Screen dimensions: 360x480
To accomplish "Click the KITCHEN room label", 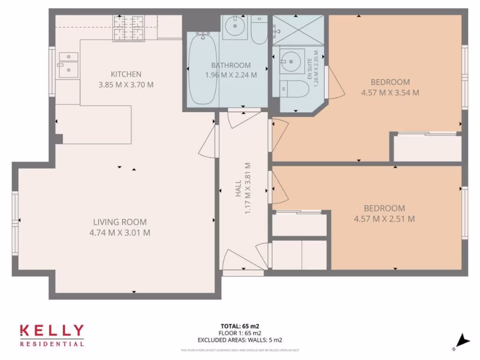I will (126, 74).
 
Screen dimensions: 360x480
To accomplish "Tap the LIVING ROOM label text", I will (120, 222).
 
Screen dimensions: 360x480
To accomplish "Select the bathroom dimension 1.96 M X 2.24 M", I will (231, 75).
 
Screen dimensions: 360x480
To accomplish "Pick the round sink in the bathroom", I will (232, 28).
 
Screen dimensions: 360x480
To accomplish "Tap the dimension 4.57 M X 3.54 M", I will (390, 93).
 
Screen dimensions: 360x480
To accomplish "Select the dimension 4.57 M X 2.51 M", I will (384, 219).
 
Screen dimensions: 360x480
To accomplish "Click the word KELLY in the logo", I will (52, 331).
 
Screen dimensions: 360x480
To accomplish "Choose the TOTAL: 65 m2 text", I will (240, 325).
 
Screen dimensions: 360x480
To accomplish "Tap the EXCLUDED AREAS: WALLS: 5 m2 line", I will (240, 340).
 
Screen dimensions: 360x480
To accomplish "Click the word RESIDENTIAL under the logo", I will (52, 344).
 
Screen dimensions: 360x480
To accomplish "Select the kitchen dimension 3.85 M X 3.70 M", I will (126, 85).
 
